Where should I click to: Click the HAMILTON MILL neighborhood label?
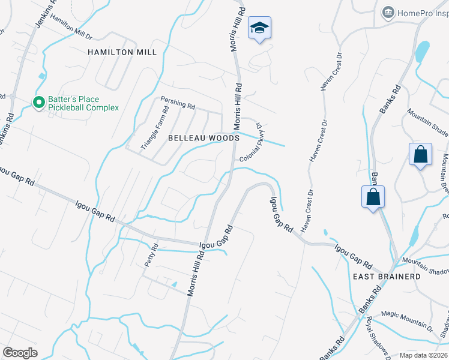(122, 52)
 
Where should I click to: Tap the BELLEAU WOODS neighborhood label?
(203, 138)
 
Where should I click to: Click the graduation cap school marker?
(260, 28)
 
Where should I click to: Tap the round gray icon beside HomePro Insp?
(388, 13)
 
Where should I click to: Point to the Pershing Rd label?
(178, 104)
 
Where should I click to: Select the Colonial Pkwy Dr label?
(251, 144)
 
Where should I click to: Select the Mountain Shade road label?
(428, 121)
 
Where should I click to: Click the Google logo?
(20, 352)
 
